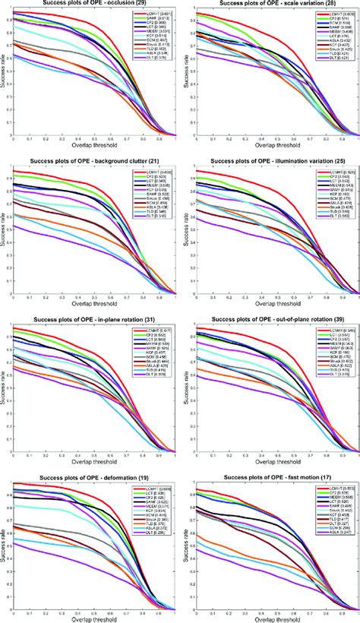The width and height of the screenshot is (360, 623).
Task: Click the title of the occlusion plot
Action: pos(92,5)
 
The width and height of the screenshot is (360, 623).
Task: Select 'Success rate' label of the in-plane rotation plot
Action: pos(4,388)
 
